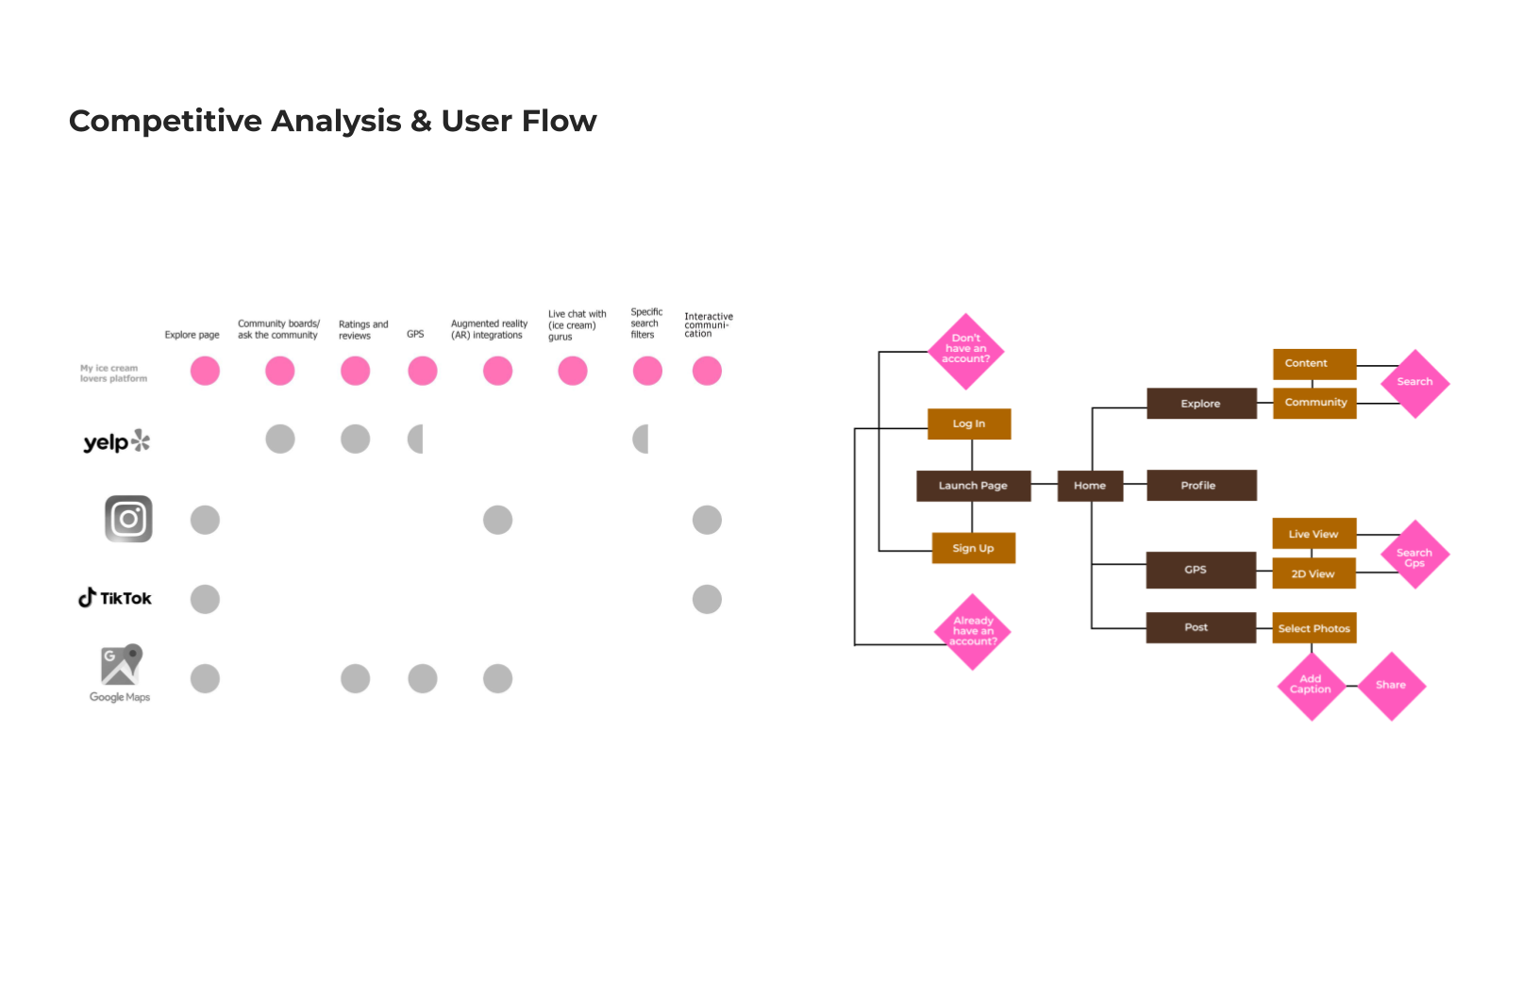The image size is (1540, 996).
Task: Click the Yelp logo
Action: [116, 441]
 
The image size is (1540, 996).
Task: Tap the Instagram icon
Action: [128, 519]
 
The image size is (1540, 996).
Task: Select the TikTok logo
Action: [114, 598]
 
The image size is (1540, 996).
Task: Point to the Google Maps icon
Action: [121, 667]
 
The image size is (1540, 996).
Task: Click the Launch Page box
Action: [973, 486]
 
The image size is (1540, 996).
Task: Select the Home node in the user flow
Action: [1090, 486]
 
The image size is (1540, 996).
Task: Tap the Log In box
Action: [969, 423]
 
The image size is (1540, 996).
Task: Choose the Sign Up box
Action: [973, 548]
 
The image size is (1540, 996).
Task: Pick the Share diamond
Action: [1391, 686]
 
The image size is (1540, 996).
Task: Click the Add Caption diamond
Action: [1311, 685]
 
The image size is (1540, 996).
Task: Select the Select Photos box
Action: [1314, 628]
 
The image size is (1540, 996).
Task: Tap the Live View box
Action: [1314, 534]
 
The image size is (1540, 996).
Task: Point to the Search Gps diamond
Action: [1414, 556]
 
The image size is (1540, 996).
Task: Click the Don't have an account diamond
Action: [965, 350]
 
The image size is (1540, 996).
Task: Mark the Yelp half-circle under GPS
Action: [416, 439]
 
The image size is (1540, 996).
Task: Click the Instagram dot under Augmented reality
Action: [497, 520]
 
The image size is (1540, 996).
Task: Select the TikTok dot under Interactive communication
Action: [707, 599]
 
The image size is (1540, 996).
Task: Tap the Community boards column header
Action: [278, 329]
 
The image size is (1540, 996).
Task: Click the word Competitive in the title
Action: [165, 121]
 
